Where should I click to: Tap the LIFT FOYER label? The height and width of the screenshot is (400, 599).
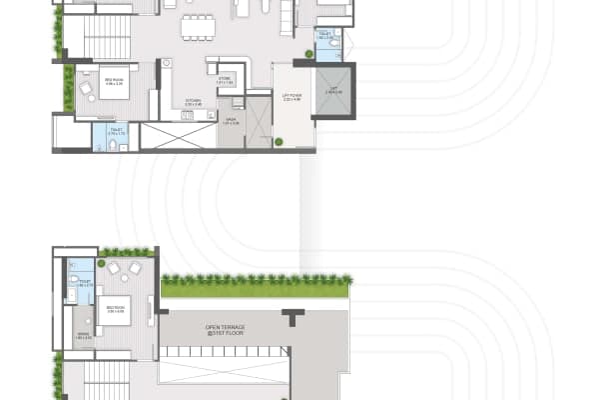click(x=293, y=98)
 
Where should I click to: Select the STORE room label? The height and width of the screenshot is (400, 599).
click(x=227, y=81)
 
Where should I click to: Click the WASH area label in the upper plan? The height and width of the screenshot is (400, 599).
click(x=230, y=122)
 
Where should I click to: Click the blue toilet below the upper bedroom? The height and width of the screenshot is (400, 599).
click(x=105, y=137)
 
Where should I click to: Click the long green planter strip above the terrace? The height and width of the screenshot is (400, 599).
click(x=255, y=288)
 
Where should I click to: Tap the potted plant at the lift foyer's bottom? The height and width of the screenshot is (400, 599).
click(x=279, y=142)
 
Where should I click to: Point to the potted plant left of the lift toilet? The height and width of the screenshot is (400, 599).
click(x=309, y=54)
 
